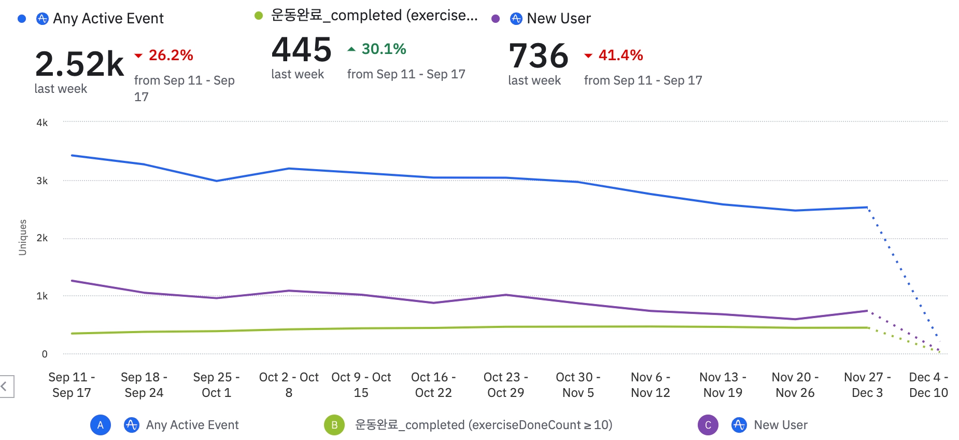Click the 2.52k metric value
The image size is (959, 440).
pos(79,64)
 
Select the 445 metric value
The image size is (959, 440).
pos(301,50)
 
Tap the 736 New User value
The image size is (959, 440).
pos(539,56)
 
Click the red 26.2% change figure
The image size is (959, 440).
pos(171,55)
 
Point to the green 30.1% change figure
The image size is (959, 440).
pos(384,49)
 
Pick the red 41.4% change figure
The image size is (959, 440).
pos(620,55)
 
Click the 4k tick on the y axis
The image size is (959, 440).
pos(42,123)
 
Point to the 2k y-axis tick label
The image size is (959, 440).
pos(42,238)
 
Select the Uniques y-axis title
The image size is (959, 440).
pos(22,237)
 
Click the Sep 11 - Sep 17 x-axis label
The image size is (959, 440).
pos(72,384)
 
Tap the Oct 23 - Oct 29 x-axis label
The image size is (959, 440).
pos(505,384)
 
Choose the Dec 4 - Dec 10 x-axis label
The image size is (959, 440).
pos(928,384)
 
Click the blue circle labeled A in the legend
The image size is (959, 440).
pos(101,425)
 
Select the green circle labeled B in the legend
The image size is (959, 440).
pos(334,425)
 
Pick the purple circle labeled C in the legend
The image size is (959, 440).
pos(708,425)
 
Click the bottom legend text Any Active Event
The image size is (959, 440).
pos(192,425)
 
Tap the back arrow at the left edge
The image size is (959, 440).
pos(4,387)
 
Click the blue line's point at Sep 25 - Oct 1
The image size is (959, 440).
pos(216,181)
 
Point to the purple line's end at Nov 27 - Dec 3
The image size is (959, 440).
pos(867,311)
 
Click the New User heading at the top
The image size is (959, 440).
pos(558,19)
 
